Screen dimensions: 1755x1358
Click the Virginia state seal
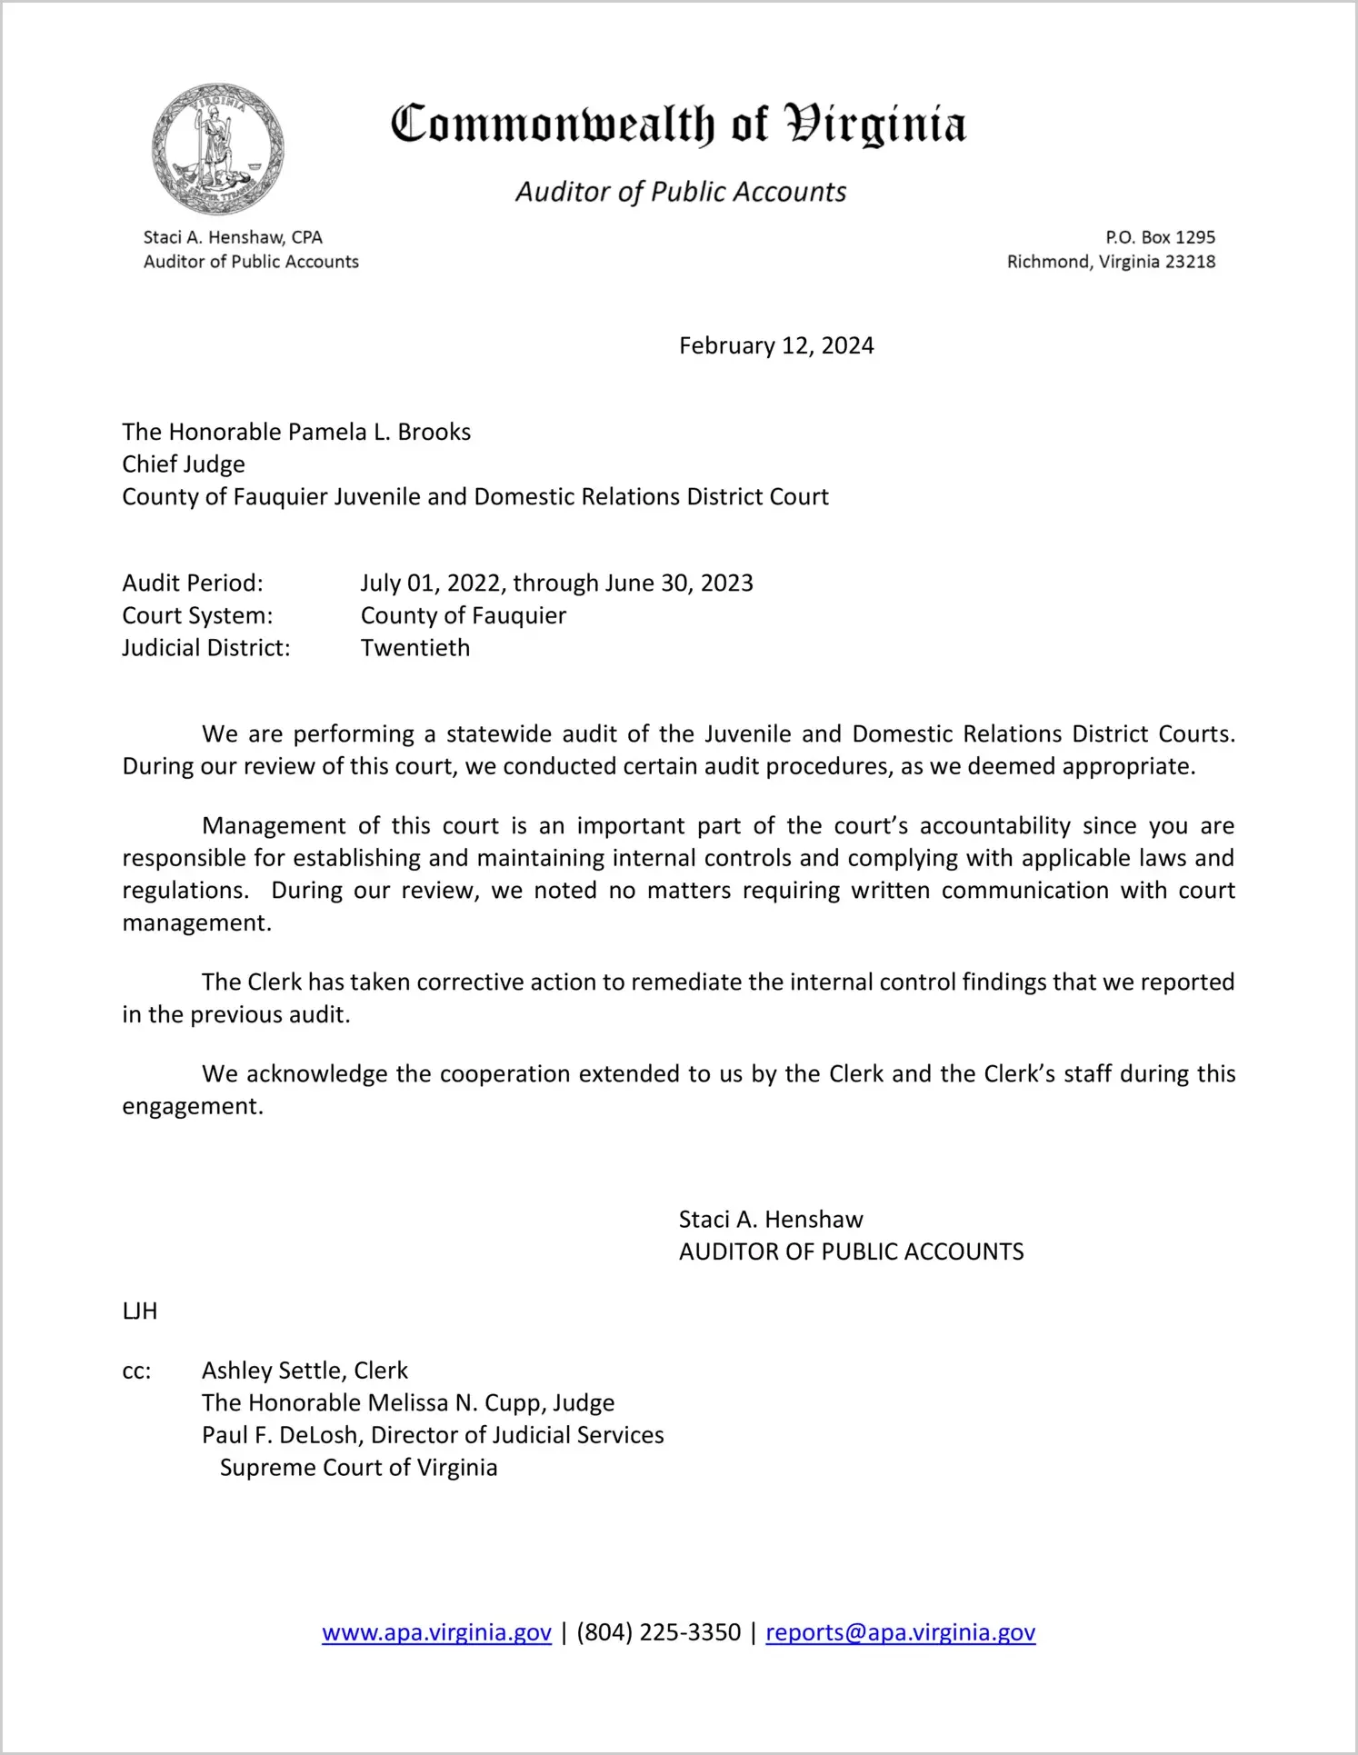click(217, 149)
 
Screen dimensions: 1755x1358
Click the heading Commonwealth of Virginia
click(678, 125)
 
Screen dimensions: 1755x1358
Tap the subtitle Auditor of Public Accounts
click(681, 192)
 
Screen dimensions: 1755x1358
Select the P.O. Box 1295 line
click(1160, 237)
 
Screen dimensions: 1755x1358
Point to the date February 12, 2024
click(776, 346)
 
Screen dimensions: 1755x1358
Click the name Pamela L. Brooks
click(379, 432)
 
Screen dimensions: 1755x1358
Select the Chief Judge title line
click(184, 464)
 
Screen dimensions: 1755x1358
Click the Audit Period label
click(193, 583)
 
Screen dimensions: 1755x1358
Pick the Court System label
click(197, 615)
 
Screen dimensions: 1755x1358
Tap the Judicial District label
click(206, 648)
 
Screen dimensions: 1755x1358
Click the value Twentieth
click(415, 648)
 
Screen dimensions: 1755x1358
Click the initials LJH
click(140, 1311)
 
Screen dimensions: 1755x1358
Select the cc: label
click(136, 1371)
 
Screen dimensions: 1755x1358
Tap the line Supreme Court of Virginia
click(358, 1468)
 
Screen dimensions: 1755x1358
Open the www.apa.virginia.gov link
click(436, 1632)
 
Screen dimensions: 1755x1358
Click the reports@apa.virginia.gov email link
click(900, 1632)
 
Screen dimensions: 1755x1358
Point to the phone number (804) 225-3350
click(658, 1632)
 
